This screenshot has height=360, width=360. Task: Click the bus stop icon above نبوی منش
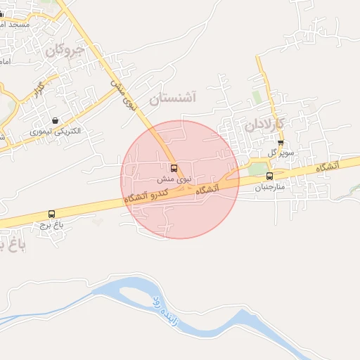click(174, 169)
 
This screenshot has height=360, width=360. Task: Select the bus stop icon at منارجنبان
click(269, 176)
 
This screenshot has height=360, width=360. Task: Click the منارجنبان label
click(267, 187)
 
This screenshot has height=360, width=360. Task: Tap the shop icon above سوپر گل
click(281, 143)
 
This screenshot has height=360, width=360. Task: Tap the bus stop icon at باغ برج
click(51, 214)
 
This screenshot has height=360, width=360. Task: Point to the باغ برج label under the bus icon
click(51, 224)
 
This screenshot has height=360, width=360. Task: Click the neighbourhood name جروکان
click(64, 51)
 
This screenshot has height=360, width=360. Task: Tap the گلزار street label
click(37, 89)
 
